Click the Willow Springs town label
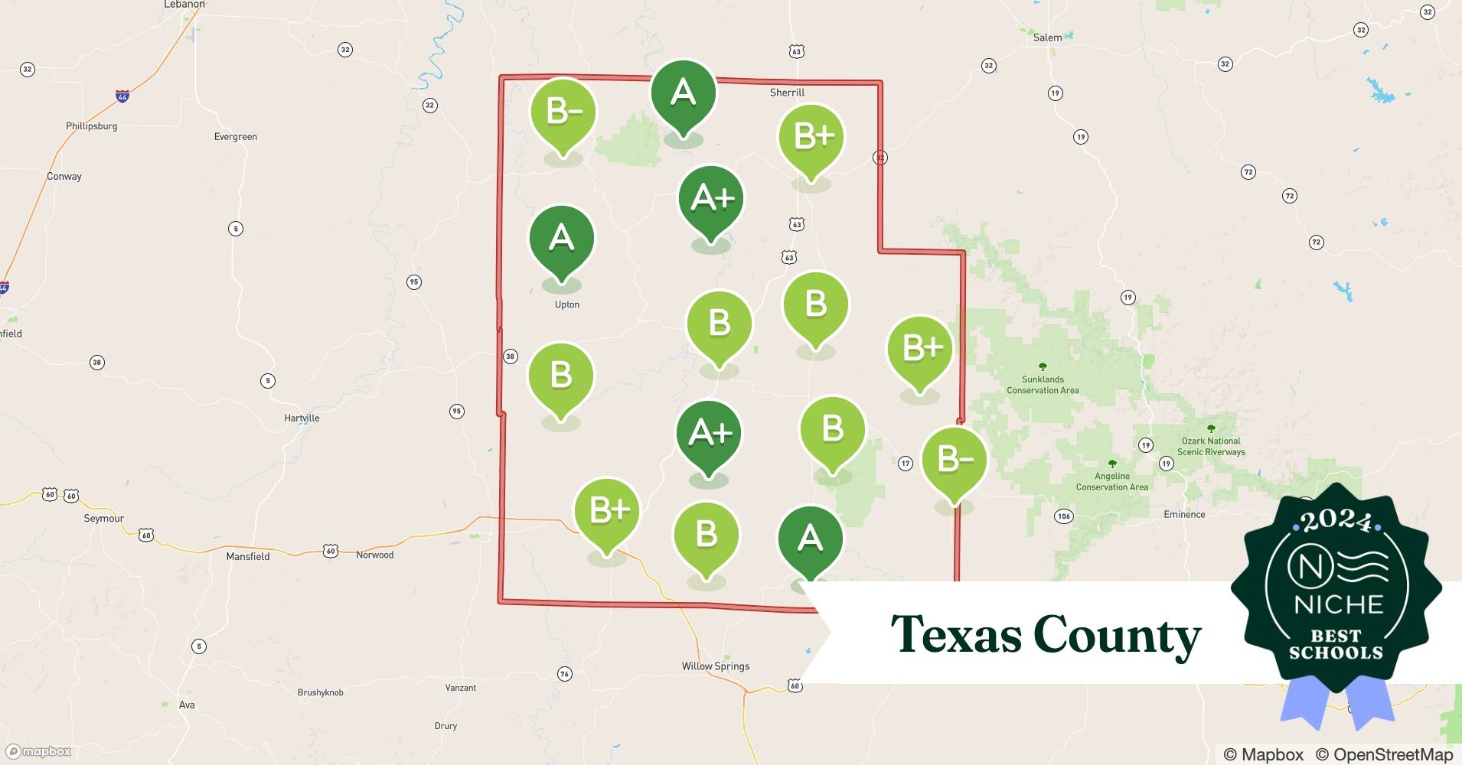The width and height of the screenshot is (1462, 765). tap(716, 666)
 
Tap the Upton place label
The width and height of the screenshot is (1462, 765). tap(566, 304)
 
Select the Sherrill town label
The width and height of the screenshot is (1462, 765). tap(787, 93)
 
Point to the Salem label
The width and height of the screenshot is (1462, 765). tap(1047, 37)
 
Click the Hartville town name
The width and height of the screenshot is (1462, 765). tap(302, 418)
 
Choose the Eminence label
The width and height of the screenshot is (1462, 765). tap(1184, 515)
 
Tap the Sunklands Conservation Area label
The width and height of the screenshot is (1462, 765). tap(1043, 385)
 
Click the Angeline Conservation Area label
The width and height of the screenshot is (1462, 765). tap(1112, 481)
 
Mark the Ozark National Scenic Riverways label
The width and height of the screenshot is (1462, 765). tap(1211, 446)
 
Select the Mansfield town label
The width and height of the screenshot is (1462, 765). tap(248, 557)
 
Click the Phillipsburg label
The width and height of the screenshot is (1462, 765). tap(91, 126)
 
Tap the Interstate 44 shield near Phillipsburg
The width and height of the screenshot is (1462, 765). tap(122, 96)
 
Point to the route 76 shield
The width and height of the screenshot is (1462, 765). tap(564, 674)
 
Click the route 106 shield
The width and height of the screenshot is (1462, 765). tap(1064, 516)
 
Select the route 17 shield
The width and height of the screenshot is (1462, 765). tap(906, 464)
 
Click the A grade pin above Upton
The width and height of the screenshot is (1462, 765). tap(562, 239)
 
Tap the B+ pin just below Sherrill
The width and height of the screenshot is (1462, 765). tap(811, 137)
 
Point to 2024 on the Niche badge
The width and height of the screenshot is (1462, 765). tap(1336, 520)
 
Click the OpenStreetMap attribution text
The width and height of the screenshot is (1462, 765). tap(1384, 754)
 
